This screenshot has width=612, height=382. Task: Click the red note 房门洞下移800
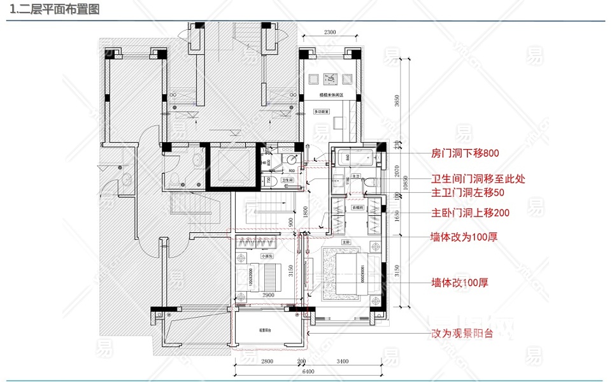click(464, 153)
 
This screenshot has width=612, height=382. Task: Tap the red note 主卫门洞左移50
click(468, 192)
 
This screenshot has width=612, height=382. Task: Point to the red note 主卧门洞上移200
click(471, 213)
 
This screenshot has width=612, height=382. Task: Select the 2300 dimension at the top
click(330, 32)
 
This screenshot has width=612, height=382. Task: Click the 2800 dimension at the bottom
click(267, 362)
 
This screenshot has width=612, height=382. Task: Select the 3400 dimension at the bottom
click(343, 362)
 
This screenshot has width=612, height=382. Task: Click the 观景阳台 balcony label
click(266, 330)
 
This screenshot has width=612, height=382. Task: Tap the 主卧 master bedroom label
click(347, 242)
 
